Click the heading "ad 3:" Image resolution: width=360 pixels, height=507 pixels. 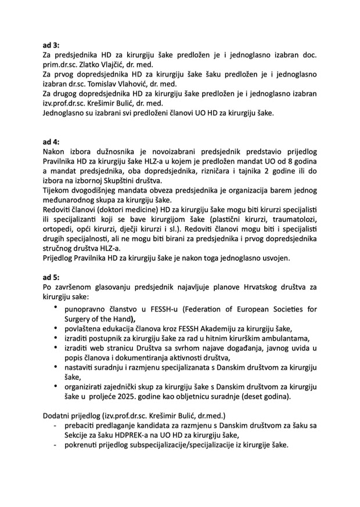point(51,45)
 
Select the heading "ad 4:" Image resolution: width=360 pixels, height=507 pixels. point(51,141)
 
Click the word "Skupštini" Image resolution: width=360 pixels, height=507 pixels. point(116,182)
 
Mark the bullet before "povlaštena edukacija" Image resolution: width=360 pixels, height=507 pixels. point(55,328)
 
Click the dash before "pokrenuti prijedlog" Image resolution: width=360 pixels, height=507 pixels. point(55,446)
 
